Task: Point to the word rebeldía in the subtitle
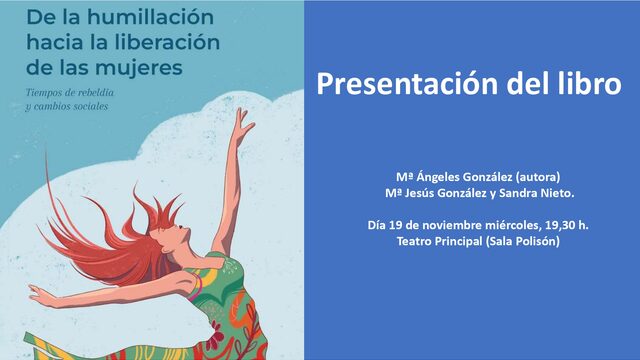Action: click(97, 93)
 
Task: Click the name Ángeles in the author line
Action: click(429, 175)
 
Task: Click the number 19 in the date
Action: click(397, 225)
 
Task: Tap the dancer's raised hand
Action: click(244, 117)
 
